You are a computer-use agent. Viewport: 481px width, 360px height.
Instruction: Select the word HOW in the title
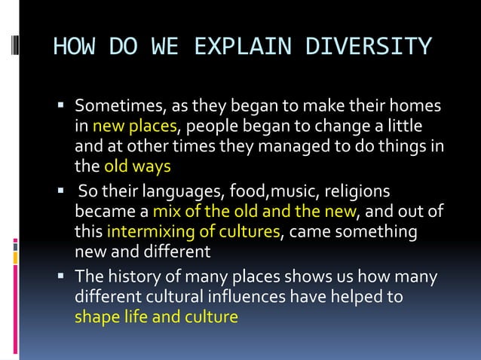click(73, 47)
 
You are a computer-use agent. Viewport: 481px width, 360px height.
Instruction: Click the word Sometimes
click(119, 106)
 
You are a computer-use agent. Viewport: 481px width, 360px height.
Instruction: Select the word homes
click(415, 106)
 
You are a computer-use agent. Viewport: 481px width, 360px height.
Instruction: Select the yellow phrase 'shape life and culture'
click(156, 316)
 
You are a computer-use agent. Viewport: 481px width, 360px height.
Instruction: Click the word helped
click(355, 297)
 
